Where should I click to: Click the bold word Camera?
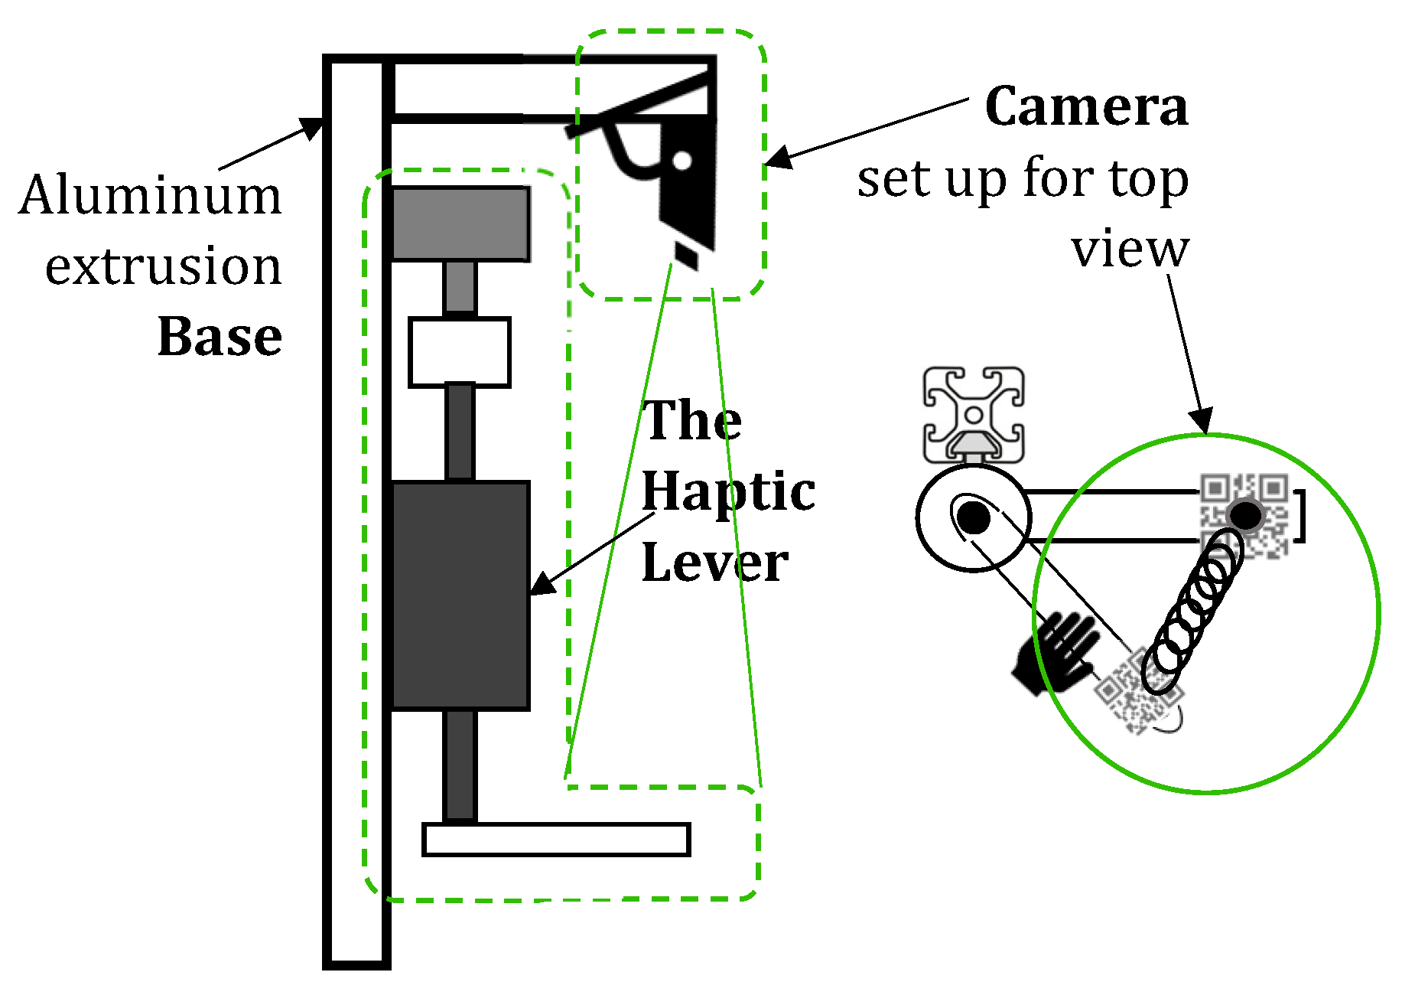point(1086,106)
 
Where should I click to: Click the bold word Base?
point(220,337)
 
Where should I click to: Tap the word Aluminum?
point(151,196)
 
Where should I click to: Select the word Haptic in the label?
point(727,491)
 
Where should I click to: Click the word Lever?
point(714,563)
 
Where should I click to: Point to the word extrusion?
point(163,267)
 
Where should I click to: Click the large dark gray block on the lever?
point(460,595)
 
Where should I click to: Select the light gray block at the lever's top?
point(460,224)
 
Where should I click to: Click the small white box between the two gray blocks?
point(459,352)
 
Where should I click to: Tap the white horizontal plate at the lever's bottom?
point(556,840)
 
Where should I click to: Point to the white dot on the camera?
point(682,161)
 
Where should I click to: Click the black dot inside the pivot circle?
point(974,517)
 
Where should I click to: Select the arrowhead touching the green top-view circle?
point(1202,420)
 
